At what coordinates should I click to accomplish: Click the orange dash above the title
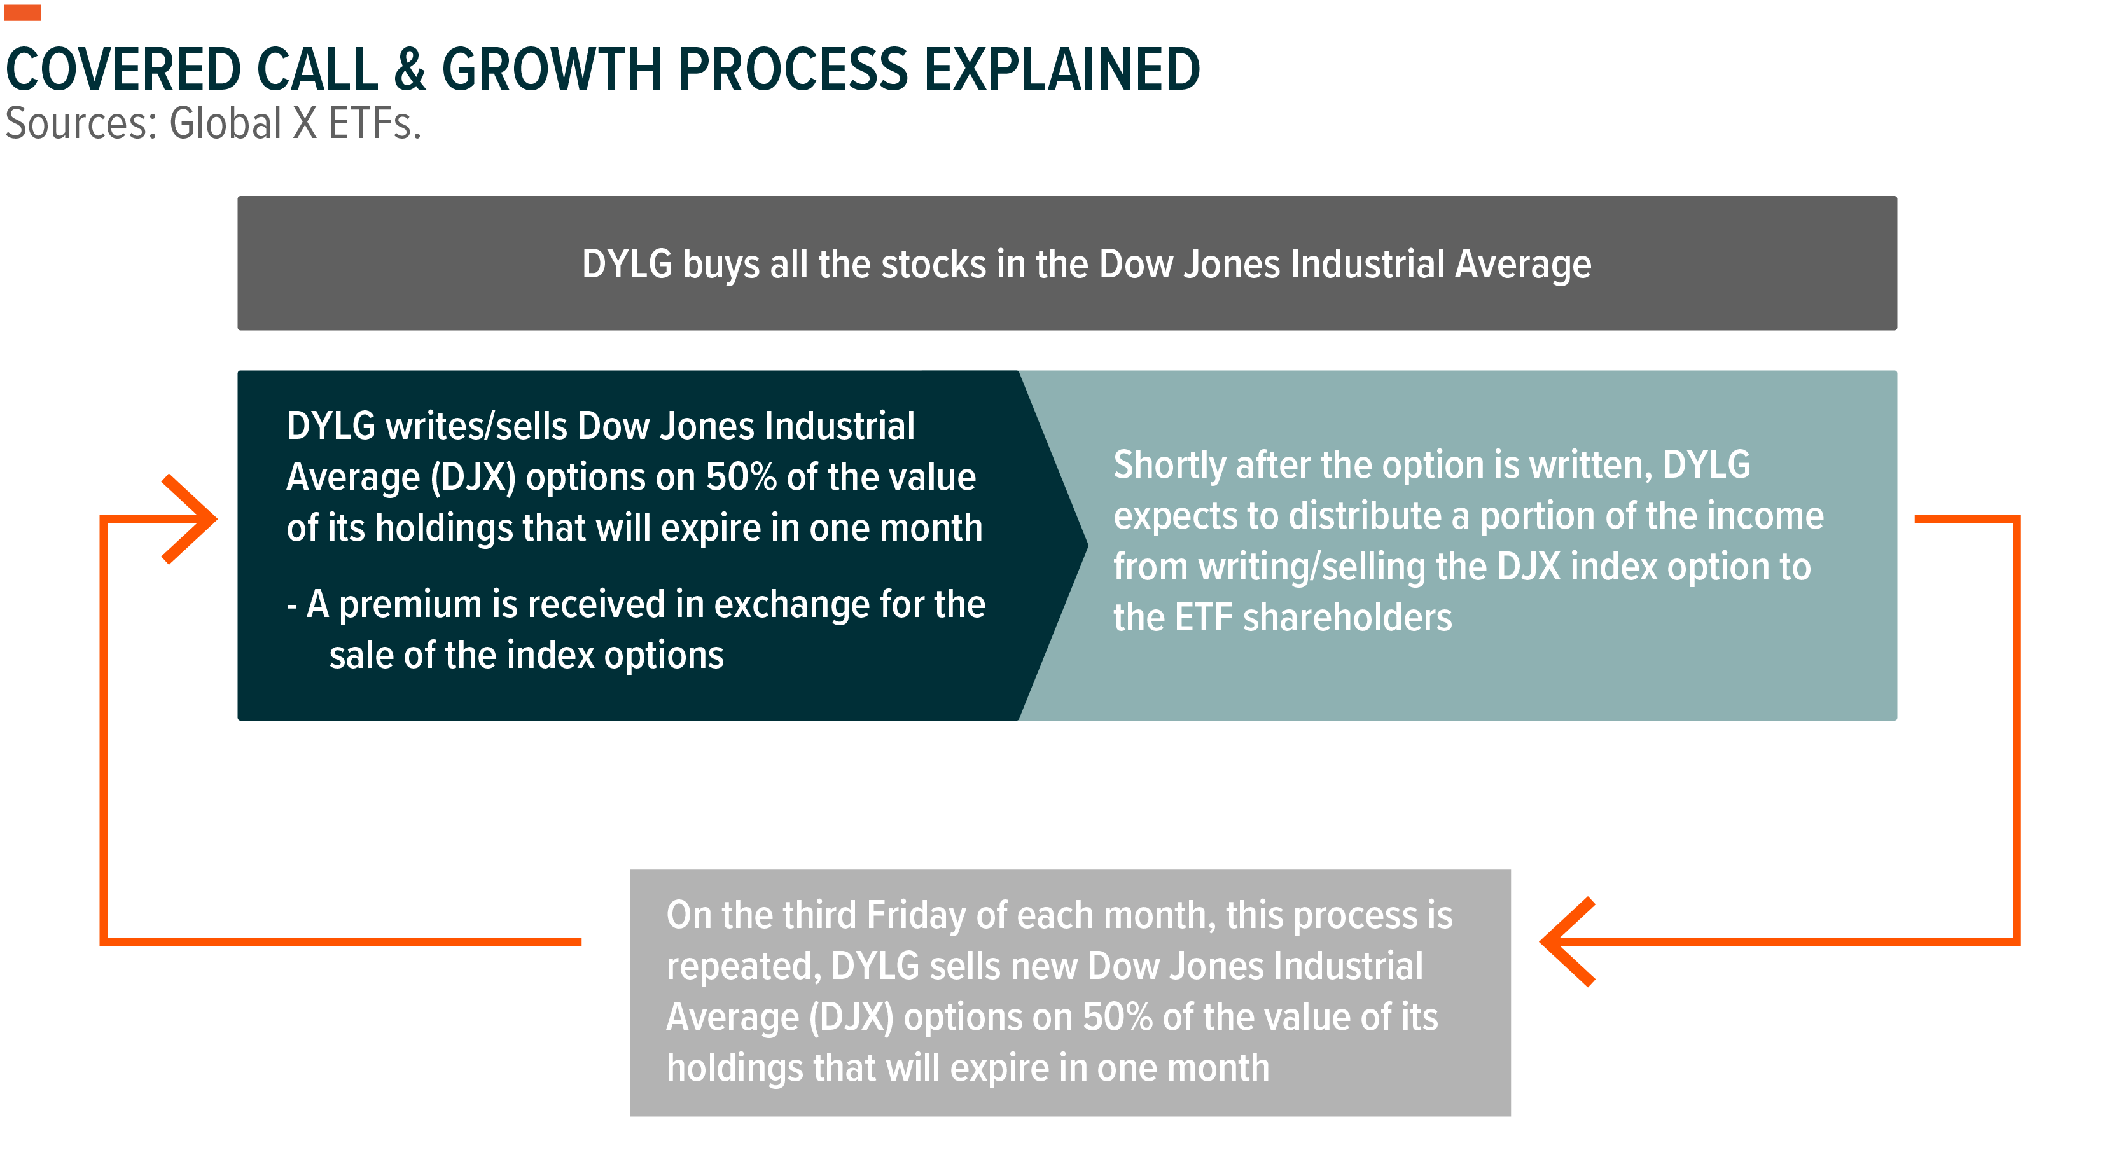point(22,12)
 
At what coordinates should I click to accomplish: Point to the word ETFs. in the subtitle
point(375,123)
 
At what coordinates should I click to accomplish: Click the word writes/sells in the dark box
point(476,426)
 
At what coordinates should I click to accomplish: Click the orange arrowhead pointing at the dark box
point(190,520)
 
